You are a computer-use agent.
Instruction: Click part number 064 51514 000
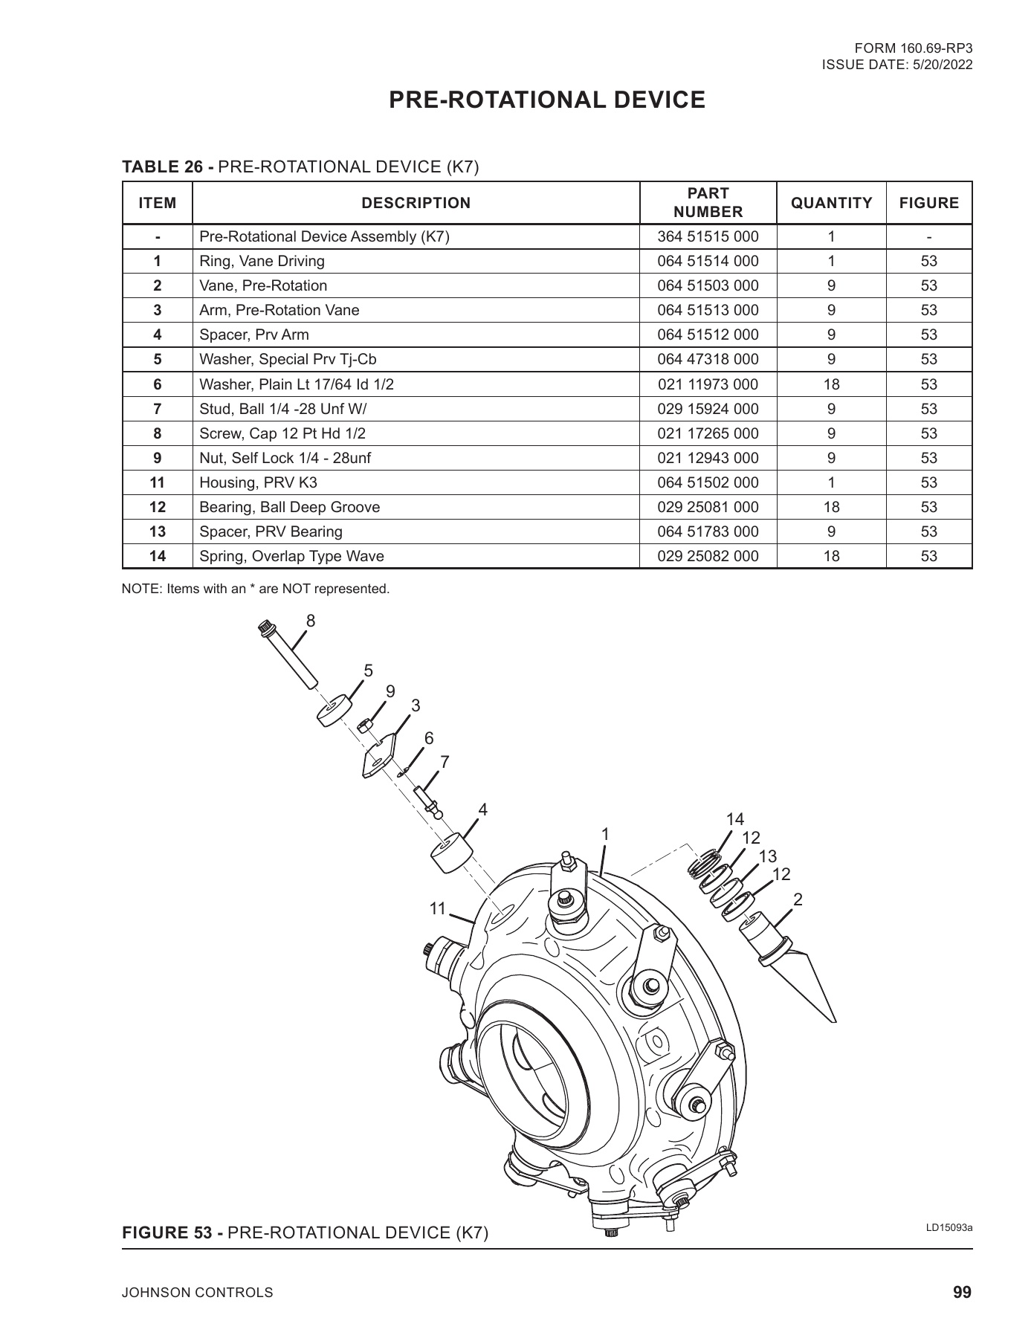(x=708, y=261)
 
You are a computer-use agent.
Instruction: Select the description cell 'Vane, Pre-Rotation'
(x=263, y=285)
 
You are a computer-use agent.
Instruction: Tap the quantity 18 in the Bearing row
(x=831, y=507)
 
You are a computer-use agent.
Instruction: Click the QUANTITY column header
(x=831, y=203)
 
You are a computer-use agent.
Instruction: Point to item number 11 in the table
(x=157, y=482)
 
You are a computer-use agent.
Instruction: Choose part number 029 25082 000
(x=708, y=556)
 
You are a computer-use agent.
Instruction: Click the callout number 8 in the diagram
(x=311, y=621)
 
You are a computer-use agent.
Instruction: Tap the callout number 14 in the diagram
(x=734, y=819)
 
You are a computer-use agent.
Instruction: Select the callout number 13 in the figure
(x=767, y=856)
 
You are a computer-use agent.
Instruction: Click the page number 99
(x=962, y=1292)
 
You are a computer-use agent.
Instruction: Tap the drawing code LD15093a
(x=949, y=1227)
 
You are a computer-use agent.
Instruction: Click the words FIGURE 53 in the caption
(x=172, y=1233)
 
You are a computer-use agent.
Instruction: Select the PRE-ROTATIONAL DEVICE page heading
(x=547, y=100)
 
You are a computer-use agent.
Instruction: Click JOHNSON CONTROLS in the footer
(x=197, y=1293)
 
